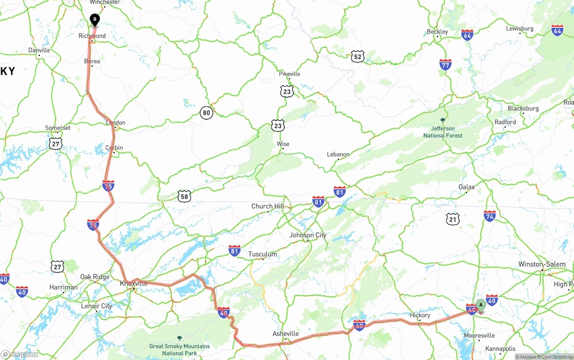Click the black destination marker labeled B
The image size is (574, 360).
(95, 20)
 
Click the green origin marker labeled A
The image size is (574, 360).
(481, 305)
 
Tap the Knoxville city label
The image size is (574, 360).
(134, 283)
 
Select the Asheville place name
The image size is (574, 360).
(286, 334)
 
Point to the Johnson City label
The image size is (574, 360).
(308, 235)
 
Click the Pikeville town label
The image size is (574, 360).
(289, 74)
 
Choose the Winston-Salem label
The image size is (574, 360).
(542, 264)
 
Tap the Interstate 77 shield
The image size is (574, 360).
(445, 65)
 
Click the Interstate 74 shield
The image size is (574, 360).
(490, 216)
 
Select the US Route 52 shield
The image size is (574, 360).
(357, 56)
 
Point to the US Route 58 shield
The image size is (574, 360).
(184, 196)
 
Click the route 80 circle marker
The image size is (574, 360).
(206, 113)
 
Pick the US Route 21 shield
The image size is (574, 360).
(453, 219)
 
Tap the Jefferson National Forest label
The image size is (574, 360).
(443, 132)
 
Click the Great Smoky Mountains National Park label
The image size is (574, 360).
(179, 350)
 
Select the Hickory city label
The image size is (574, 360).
(420, 315)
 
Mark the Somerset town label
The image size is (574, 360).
(58, 128)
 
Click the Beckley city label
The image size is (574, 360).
(437, 31)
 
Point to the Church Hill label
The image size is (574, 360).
(268, 206)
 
